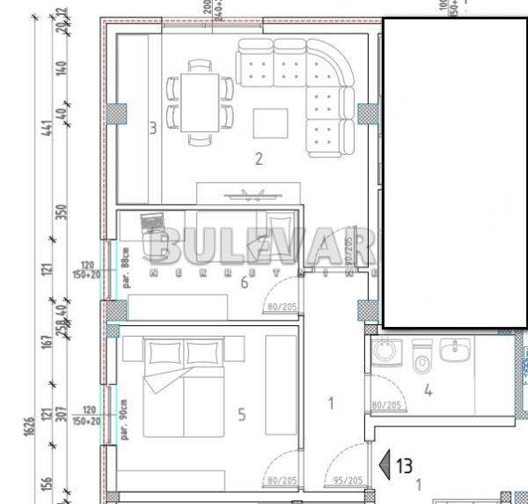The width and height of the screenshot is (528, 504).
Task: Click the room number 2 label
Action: click(x=259, y=159)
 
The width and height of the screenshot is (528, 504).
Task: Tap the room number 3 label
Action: click(x=152, y=129)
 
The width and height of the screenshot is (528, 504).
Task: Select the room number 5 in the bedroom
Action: click(x=242, y=414)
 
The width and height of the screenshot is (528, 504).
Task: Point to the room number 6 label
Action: click(x=245, y=282)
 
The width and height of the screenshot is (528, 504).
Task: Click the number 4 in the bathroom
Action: click(x=428, y=390)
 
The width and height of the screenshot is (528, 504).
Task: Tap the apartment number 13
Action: click(x=404, y=464)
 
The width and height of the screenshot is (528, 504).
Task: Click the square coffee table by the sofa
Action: click(x=271, y=122)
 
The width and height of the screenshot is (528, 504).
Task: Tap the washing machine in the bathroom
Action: click(x=385, y=352)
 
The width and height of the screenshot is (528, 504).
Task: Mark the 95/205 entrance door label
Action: click(x=349, y=480)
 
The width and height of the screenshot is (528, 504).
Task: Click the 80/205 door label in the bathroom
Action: click(x=387, y=405)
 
